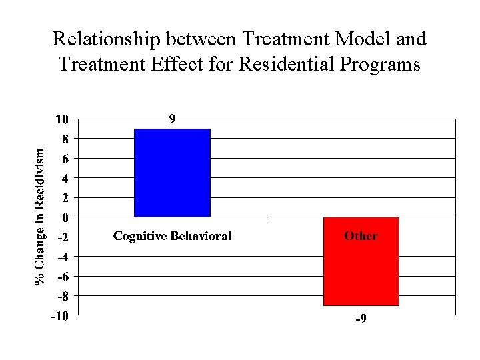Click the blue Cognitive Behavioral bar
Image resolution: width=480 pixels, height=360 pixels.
(x=172, y=173)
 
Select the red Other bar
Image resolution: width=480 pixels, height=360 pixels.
(x=361, y=261)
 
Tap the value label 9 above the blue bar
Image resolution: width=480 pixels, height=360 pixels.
(x=172, y=120)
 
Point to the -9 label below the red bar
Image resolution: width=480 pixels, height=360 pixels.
(x=360, y=320)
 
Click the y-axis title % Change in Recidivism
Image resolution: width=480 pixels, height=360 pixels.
(x=41, y=217)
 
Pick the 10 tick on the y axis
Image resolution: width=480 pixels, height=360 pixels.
(x=61, y=120)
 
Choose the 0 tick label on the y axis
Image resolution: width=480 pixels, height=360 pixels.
(x=65, y=217)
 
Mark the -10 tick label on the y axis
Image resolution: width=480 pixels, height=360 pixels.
(x=59, y=316)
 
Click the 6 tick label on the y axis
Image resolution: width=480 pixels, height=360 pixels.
(x=65, y=159)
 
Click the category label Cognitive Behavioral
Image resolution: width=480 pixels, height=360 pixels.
(x=172, y=236)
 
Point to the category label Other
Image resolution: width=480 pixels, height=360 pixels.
(x=361, y=236)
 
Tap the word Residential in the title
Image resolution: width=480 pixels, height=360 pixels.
(x=270, y=65)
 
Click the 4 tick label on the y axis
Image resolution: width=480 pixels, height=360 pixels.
(x=65, y=179)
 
